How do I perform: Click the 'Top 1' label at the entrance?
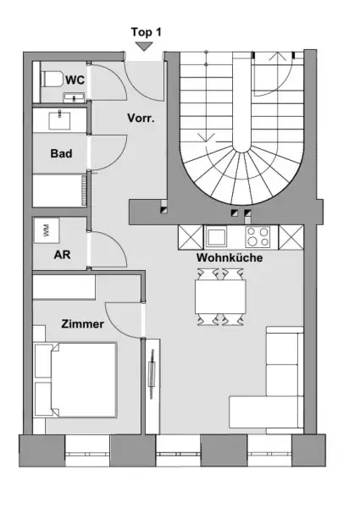[146, 31]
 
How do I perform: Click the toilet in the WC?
[51, 80]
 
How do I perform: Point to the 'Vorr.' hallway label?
[141, 119]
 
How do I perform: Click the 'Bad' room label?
[60, 153]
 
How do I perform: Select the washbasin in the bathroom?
[60, 119]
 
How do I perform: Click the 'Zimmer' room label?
[82, 323]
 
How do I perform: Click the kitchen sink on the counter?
[215, 236]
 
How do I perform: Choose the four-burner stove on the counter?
[260, 236]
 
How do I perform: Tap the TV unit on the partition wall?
[152, 372]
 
